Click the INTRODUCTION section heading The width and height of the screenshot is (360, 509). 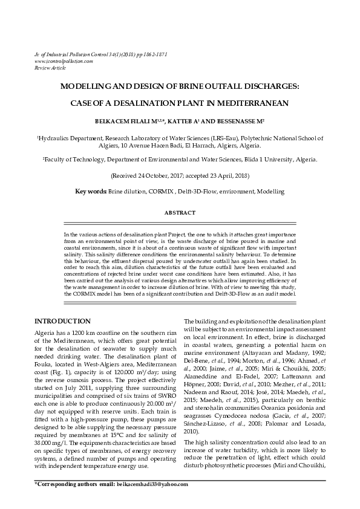point(63,320)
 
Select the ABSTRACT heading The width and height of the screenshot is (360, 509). point(180,213)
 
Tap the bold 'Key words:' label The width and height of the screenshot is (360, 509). point(91,192)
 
